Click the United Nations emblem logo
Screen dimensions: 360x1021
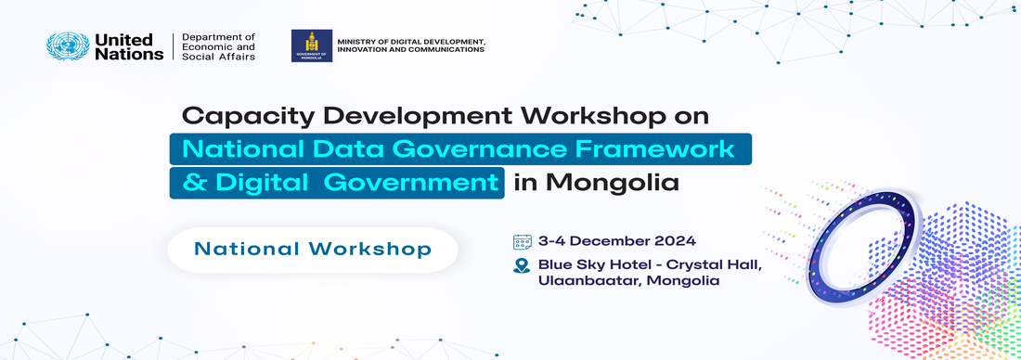68,47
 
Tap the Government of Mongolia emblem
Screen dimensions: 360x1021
311,46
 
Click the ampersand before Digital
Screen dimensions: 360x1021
194,182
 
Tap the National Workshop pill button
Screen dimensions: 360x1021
313,249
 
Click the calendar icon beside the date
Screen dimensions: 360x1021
522,241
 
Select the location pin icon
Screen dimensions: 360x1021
522,265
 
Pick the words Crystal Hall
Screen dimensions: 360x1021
716,264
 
